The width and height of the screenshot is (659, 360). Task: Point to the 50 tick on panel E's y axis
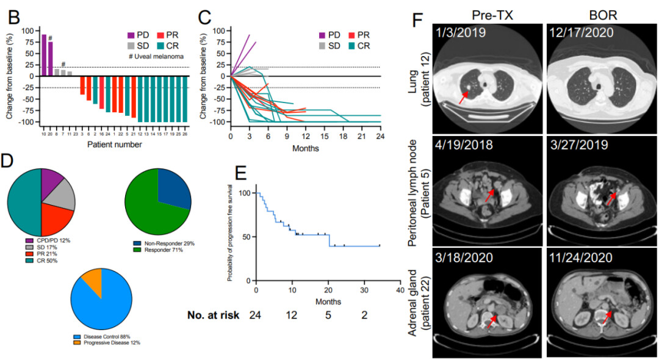248,236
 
